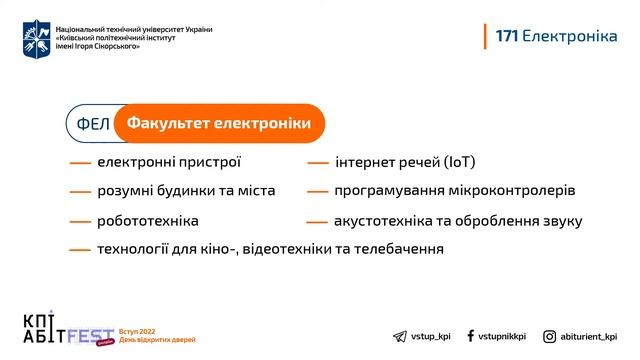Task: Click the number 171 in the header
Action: [x=506, y=36]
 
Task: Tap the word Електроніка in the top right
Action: [x=570, y=36]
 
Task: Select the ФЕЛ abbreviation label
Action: [x=92, y=124]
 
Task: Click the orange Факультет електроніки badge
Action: [x=219, y=124]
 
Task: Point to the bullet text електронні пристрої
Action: [x=169, y=162]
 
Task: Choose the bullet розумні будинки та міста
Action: [x=186, y=191]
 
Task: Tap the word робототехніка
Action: [x=148, y=220]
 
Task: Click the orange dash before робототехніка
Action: [x=80, y=221]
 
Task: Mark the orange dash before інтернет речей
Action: [x=318, y=163]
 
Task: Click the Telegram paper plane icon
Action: [x=400, y=337]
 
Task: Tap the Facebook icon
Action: [x=470, y=337]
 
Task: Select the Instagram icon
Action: [x=550, y=337]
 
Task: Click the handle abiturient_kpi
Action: [x=590, y=337]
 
